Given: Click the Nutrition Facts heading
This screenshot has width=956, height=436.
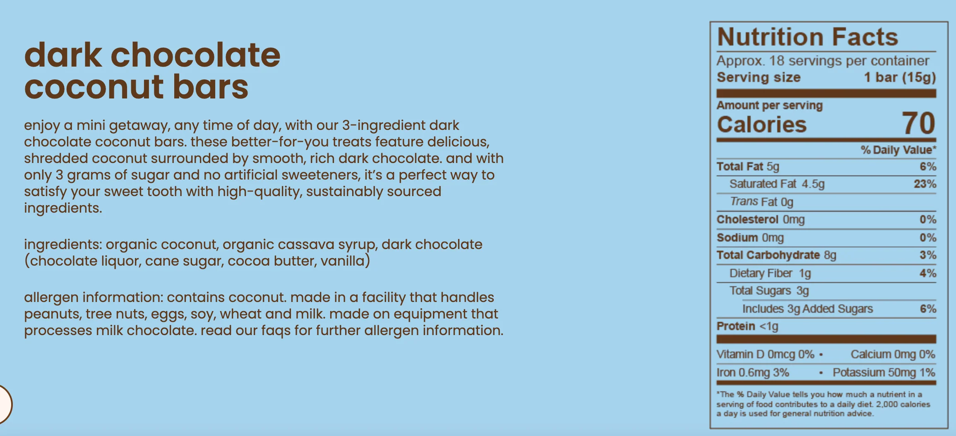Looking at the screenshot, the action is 807,37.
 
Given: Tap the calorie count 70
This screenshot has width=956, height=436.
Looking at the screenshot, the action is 918,123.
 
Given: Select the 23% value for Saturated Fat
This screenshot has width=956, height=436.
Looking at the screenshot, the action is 925,184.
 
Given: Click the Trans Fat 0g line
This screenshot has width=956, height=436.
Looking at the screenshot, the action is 761,201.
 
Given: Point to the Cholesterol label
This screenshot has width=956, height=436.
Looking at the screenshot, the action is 747,219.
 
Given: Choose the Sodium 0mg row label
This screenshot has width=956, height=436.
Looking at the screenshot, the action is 750,237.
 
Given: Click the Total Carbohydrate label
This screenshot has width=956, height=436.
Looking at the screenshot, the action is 768,255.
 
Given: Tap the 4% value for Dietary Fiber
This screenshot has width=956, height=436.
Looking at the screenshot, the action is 928,273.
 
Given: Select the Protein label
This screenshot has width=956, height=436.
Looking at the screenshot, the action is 736,326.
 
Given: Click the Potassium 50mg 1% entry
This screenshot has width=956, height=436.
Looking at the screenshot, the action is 884,372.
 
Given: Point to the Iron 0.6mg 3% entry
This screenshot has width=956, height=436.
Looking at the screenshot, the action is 753,372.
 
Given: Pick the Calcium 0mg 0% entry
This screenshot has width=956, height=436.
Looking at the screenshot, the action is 893,354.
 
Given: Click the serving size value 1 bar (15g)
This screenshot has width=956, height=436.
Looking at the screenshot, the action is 900,77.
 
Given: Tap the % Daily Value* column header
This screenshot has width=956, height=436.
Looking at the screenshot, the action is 898,150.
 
